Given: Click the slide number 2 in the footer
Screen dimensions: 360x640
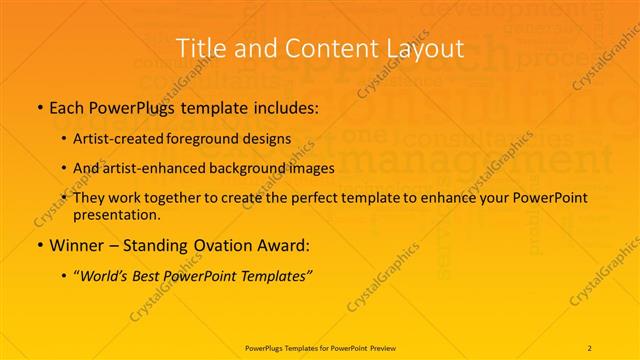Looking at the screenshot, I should tap(590, 348).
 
